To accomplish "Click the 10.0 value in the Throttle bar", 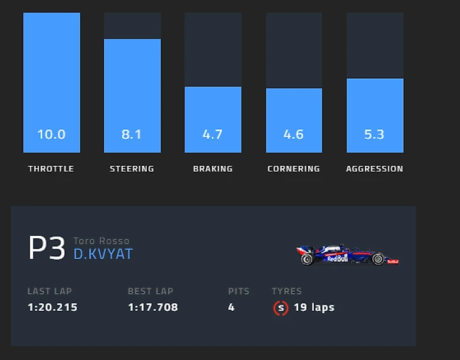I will [x=51, y=134].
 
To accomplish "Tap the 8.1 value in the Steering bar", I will [x=132, y=134].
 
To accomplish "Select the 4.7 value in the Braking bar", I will [x=212, y=134].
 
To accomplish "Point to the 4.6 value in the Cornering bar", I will [x=294, y=134].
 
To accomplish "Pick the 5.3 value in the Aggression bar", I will [x=374, y=134].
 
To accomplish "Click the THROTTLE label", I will [x=51, y=169].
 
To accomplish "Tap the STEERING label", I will [x=132, y=169].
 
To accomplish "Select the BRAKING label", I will [x=212, y=169].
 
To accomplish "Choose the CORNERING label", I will [x=294, y=169].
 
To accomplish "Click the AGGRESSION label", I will [x=374, y=169].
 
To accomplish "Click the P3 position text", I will [x=47, y=249].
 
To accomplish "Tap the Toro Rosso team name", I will [x=101, y=241].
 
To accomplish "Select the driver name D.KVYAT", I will [x=103, y=254].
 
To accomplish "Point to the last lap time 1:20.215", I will [x=52, y=308].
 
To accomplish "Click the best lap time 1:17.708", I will [x=153, y=308].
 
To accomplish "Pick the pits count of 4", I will [x=232, y=308].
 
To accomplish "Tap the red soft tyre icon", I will [x=280, y=308].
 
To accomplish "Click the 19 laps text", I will [x=314, y=308].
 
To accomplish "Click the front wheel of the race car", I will [x=377, y=258].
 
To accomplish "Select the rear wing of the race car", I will [x=302, y=251].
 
